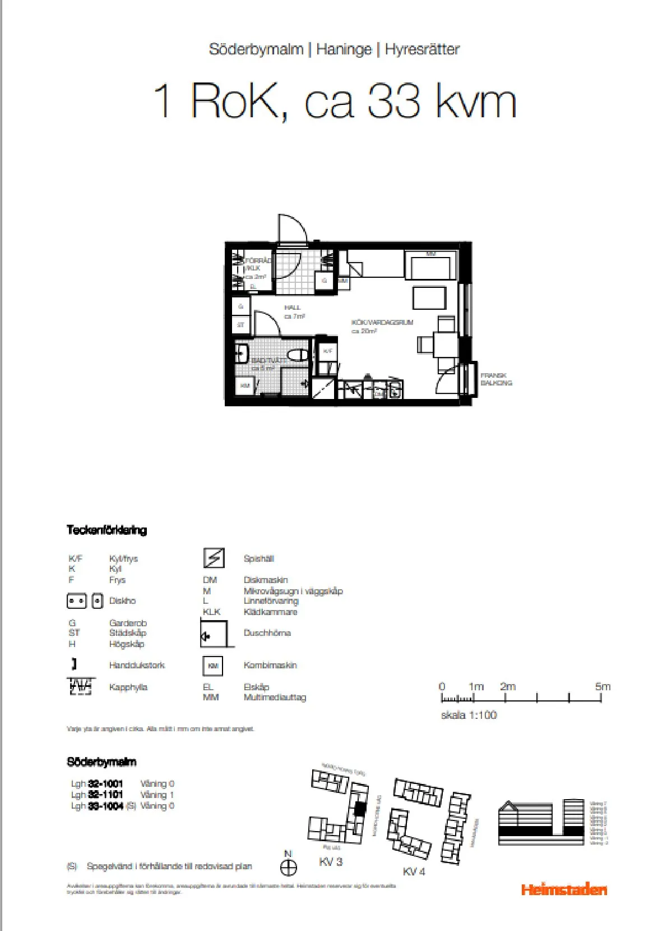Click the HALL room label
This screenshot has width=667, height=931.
pyautogui.click(x=293, y=308)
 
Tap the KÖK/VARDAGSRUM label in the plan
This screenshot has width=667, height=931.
pyautogui.click(x=382, y=323)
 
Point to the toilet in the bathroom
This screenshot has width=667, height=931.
pyautogui.click(x=297, y=355)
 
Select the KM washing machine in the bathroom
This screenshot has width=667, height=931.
pyautogui.click(x=245, y=386)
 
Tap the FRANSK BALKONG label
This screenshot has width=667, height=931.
pyautogui.click(x=496, y=379)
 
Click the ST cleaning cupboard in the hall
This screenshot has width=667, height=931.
pyautogui.click(x=240, y=325)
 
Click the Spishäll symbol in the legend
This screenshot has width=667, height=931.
pyautogui.click(x=214, y=558)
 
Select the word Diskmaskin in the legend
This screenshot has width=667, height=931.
pyautogui.click(x=266, y=580)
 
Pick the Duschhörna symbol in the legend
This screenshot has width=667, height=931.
pyautogui.click(x=214, y=634)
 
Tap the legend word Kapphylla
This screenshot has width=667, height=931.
pyautogui.click(x=128, y=687)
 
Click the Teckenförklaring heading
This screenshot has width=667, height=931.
pyautogui.click(x=106, y=530)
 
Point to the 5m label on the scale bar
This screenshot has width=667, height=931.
pyautogui.click(x=603, y=686)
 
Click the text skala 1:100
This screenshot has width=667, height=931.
pyautogui.click(x=469, y=715)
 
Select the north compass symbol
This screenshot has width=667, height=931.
pyautogui.click(x=288, y=868)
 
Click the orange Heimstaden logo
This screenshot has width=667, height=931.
pyautogui.click(x=564, y=889)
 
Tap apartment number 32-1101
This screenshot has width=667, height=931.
pyautogui.click(x=105, y=795)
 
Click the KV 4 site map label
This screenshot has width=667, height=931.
pyautogui.click(x=414, y=872)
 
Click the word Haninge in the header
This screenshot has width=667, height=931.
pyautogui.click(x=344, y=49)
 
